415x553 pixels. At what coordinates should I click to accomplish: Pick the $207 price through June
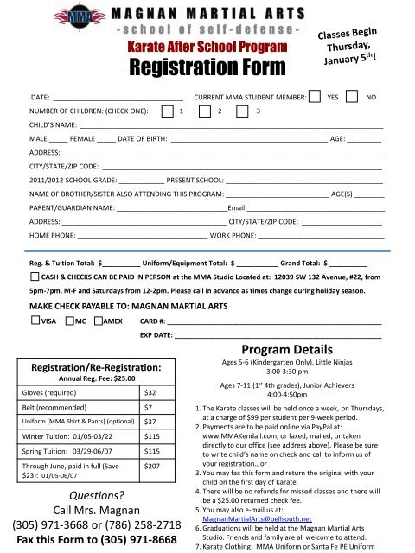(153, 489)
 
